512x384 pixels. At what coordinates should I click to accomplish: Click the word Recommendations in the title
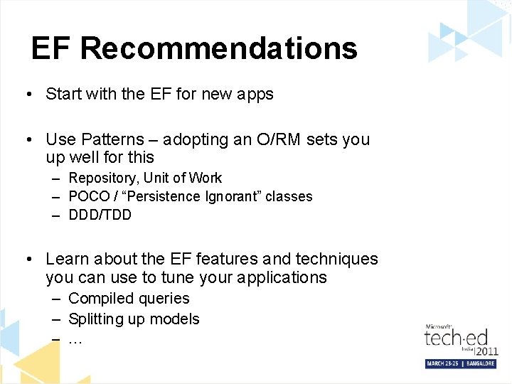(x=218, y=48)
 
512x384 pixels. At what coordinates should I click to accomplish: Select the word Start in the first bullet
(x=63, y=94)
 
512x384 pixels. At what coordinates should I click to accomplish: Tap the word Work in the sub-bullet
(x=206, y=178)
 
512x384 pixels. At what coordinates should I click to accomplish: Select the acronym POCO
(x=89, y=196)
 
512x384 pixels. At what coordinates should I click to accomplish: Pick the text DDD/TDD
(x=100, y=215)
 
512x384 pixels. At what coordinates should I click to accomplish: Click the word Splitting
(x=96, y=319)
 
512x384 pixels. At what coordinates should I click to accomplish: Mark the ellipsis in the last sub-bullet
(x=75, y=340)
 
